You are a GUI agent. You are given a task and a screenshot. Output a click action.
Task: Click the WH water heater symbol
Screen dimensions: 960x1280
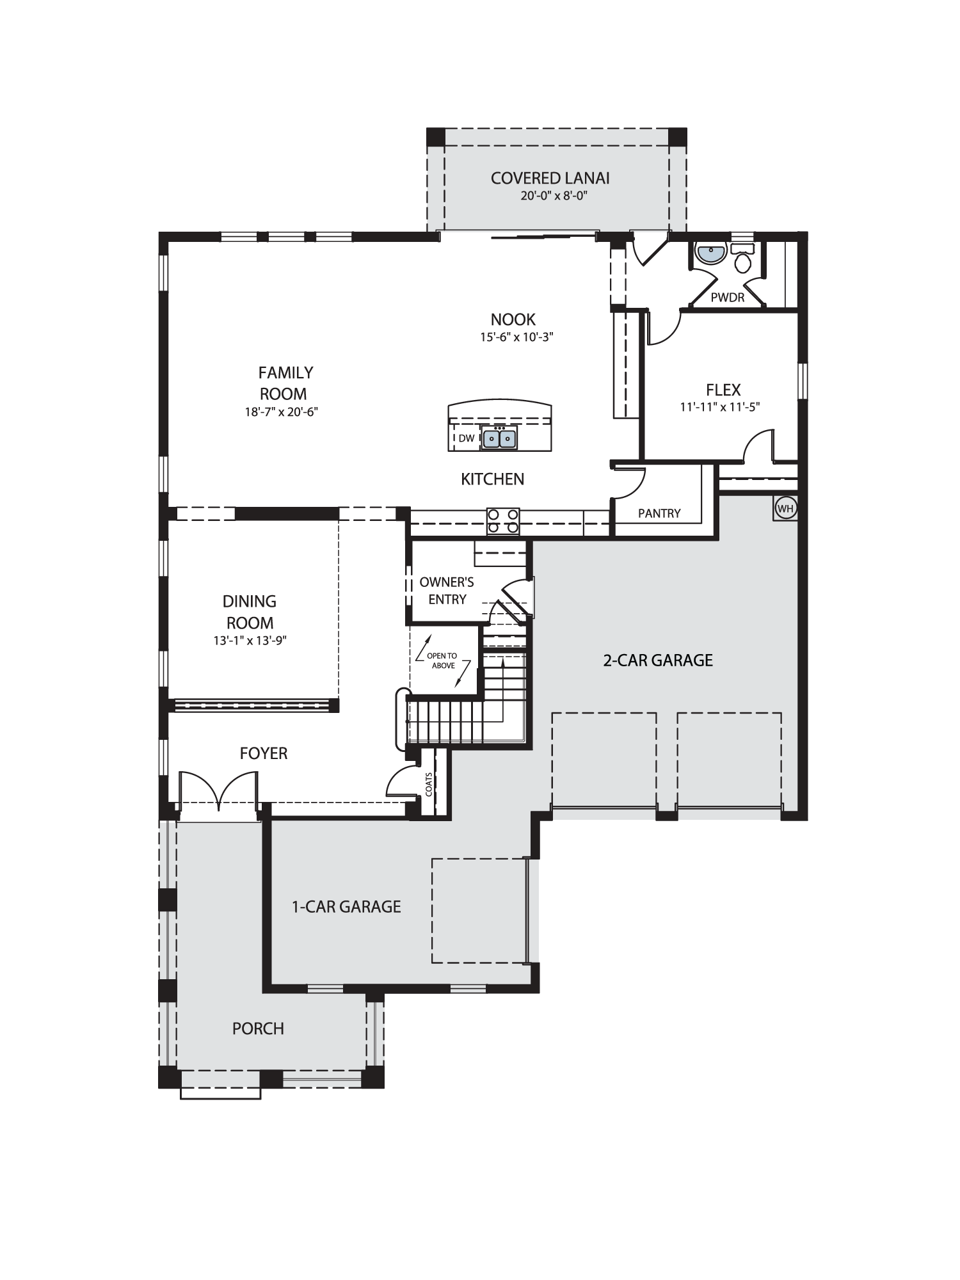[x=785, y=509]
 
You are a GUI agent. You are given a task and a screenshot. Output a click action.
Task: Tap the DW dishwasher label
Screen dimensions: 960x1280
[x=467, y=438]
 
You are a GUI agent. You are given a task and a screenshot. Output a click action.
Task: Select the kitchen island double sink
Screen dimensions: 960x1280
[x=499, y=438]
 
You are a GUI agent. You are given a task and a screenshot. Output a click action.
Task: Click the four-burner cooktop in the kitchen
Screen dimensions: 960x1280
[x=503, y=521]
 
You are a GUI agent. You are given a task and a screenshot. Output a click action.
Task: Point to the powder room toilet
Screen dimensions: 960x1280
[x=743, y=258]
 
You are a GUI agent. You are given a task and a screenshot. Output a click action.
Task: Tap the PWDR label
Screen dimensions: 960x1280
[x=728, y=298]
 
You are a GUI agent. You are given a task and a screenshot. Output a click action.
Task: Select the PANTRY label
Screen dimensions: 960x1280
[x=659, y=513]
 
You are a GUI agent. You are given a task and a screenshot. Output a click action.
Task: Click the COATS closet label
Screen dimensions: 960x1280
[x=429, y=784]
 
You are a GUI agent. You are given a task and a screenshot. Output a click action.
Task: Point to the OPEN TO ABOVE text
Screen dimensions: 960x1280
[x=443, y=660]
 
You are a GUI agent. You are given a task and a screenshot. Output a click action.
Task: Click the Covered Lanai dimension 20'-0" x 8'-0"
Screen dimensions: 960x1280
[x=554, y=195]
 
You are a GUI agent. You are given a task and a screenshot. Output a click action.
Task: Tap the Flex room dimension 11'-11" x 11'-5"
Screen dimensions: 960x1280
[x=720, y=406]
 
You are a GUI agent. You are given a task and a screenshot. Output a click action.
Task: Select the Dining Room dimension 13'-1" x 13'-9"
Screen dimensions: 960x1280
[x=250, y=640]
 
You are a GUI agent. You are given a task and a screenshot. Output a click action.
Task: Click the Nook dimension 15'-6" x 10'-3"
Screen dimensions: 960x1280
[x=516, y=337]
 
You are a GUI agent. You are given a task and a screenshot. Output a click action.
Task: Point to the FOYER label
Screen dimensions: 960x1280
[x=264, y=753]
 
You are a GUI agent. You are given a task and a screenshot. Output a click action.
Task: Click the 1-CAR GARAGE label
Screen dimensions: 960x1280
[x=346, y=906]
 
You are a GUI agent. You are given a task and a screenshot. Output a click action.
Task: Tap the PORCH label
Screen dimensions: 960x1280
[x=258, y=1028]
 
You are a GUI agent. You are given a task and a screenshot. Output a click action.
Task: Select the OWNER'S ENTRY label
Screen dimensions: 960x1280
[x=447, y=591]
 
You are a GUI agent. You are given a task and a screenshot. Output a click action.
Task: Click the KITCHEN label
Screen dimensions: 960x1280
[x=492, y=479]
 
